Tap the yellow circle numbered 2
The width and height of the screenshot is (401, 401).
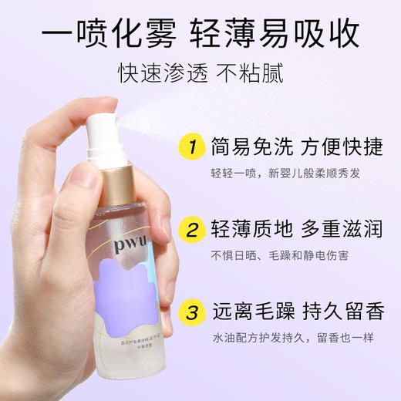click(x=190, y=229)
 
